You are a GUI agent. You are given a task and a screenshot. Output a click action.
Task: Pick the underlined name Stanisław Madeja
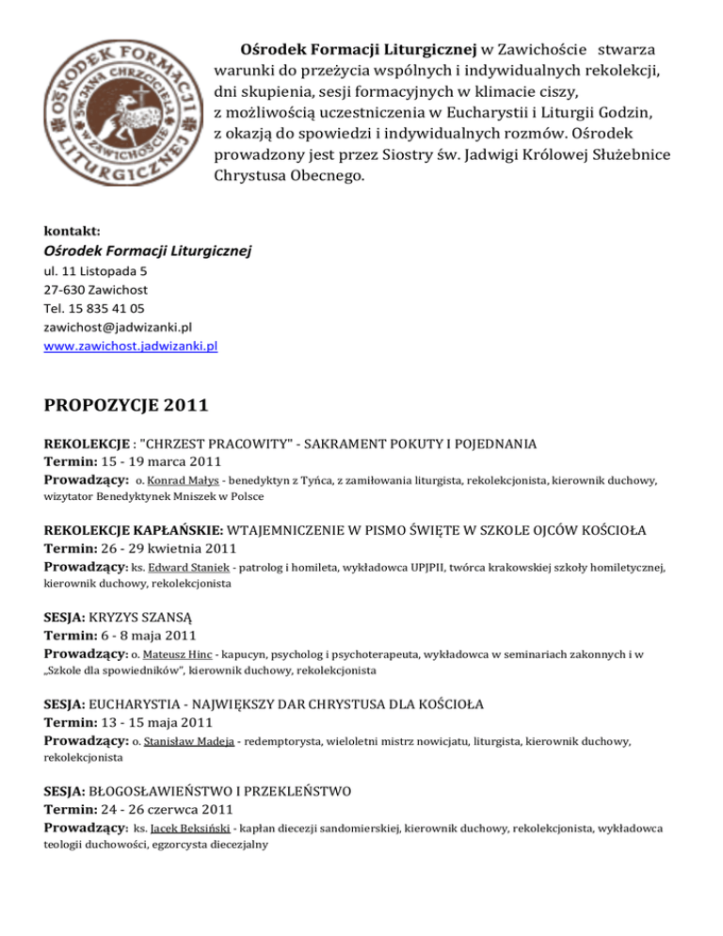[199, 742]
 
